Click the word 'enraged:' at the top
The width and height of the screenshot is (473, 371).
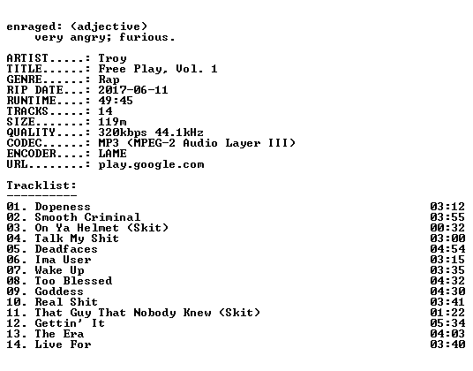pos(34,26)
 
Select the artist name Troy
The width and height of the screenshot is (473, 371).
pos(113,58)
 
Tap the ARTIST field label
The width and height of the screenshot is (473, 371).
pos(27,58)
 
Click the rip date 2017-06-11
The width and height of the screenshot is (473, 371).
pos(133,90)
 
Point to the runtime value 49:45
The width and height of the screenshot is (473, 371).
pos(116,101)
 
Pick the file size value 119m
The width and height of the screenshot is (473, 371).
pos(113,122)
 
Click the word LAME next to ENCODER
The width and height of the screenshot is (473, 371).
pos(113,154)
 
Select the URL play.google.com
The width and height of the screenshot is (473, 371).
pos(151,165)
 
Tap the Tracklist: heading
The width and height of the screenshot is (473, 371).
pos(41,185)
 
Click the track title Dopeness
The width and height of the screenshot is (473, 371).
pos(63,207)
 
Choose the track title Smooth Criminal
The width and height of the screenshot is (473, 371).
pos(87,217)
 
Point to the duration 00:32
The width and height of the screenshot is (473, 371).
pos(447,228)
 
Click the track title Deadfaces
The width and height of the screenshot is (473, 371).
pos(66,249)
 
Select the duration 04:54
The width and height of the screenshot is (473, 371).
pos(447,249)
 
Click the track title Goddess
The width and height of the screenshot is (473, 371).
pos(59,291)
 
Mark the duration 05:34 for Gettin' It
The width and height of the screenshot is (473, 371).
pos(447,323)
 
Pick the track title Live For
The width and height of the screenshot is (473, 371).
pos(63,344)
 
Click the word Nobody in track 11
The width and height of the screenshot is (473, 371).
pos(154,313)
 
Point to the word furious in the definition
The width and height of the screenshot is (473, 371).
pos(144,37)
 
